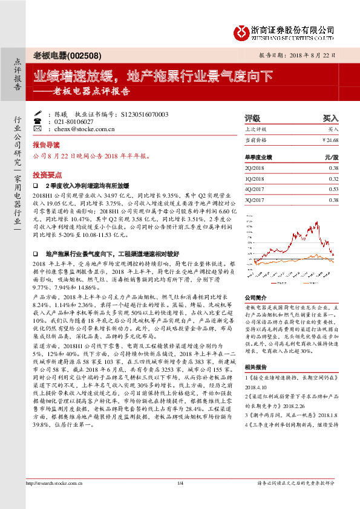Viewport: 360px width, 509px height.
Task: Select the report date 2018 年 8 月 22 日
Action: point(312,55)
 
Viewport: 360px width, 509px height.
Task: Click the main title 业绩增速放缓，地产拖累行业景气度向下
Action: point(152,77)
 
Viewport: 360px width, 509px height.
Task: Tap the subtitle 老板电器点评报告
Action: point(91,92)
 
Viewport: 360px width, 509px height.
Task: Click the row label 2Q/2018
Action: point(255,168)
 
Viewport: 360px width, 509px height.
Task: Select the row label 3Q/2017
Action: point(255,199)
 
